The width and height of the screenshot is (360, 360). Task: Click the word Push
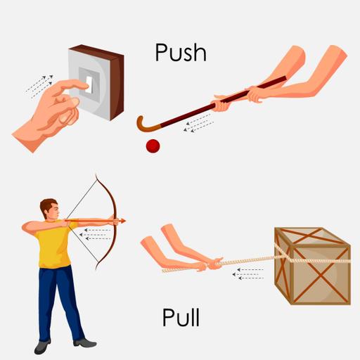181,53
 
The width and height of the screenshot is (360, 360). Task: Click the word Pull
181,317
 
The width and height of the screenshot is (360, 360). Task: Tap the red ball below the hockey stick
153,146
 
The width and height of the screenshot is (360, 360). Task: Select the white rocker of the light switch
89,85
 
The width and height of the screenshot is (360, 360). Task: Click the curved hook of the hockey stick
142,125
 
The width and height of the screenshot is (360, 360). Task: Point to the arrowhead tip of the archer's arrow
126,221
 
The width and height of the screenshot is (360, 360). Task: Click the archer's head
49,209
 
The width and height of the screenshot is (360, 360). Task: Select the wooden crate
313,266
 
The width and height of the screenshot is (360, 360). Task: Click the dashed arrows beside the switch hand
39,86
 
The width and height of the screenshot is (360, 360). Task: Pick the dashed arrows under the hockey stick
198,123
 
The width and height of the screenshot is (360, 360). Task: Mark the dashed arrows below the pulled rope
248,274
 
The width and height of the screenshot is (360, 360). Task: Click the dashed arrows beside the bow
95,234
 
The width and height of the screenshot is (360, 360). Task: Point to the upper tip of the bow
96,174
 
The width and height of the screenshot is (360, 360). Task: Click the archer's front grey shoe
85,343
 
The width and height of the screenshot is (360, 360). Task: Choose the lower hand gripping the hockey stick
220,105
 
